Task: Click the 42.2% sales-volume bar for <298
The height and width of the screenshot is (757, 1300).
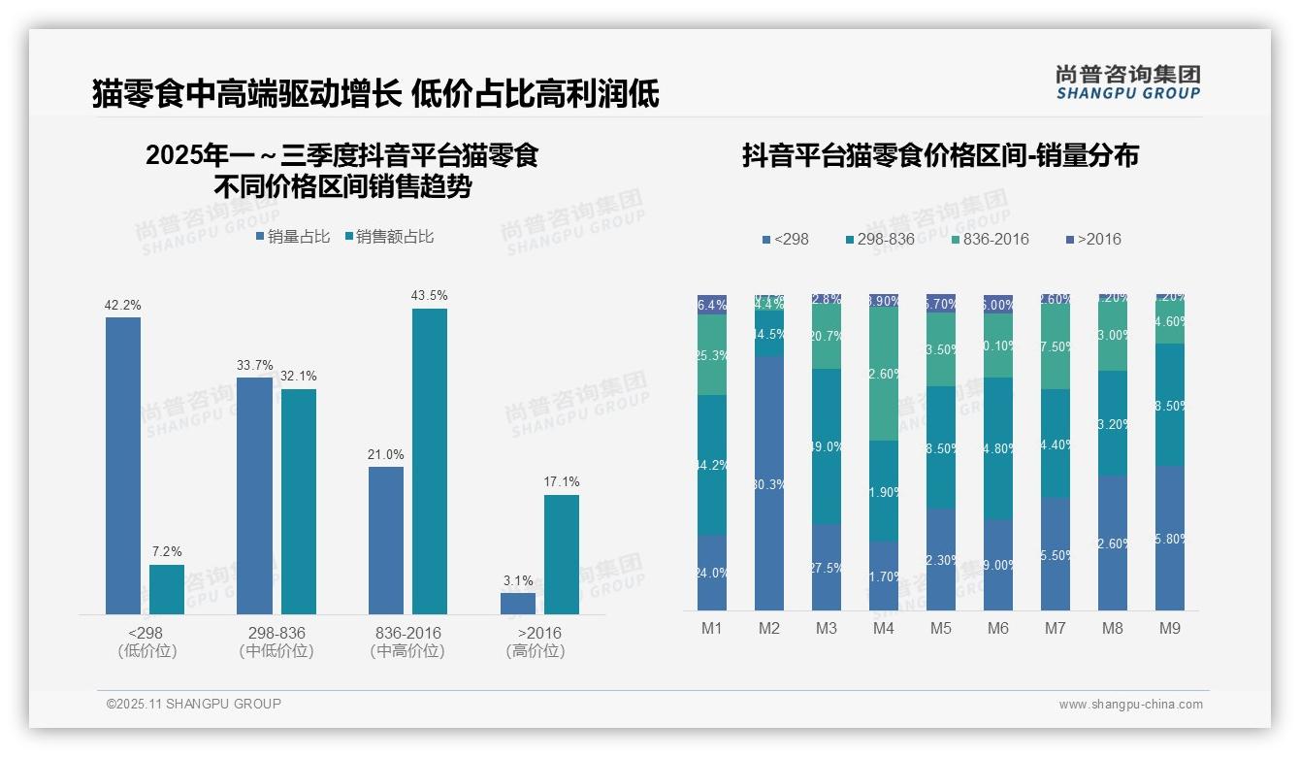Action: coord(123,466)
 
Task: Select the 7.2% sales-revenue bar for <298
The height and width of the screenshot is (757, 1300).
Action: coord(167,589)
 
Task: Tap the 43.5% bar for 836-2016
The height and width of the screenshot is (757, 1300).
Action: coord(430,461)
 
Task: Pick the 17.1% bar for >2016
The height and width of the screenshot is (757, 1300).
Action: coord(562,554)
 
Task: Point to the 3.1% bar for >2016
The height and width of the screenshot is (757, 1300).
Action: coord(518,604)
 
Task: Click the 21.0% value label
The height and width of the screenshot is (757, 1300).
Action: coord(386,454)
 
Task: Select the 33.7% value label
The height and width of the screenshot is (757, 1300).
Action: coord(255,365)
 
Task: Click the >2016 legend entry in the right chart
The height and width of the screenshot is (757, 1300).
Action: coord(1093,239)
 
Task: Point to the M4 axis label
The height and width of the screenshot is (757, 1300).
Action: coord(883,628)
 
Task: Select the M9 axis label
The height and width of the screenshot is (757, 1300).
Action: coord(1170,628)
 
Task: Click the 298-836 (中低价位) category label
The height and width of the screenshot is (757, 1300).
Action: coord(276,642)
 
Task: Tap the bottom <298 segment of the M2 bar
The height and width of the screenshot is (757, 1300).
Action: coord(769,483)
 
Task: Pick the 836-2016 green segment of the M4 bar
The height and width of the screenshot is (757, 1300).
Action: coord(884,374)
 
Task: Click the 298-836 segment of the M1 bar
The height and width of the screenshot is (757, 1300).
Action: coord(712,465)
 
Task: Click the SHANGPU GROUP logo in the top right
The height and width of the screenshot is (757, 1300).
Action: coord(1128,82)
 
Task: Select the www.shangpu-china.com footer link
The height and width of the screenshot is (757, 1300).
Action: coord(1130,705)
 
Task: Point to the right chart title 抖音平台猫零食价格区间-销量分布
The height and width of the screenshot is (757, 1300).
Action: coord(940,155)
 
